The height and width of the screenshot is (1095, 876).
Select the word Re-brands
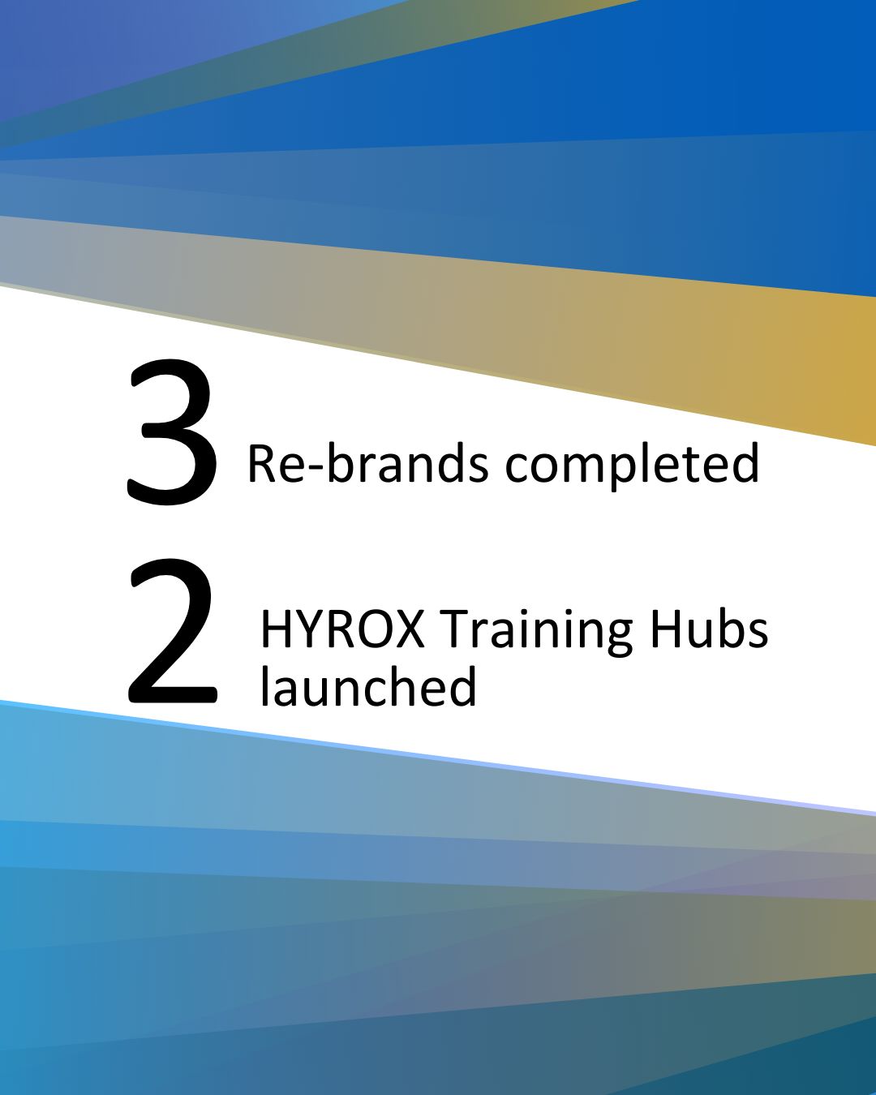pos(368,462)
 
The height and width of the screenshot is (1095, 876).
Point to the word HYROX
pos(342,629)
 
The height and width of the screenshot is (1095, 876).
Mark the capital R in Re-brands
pos(260,463)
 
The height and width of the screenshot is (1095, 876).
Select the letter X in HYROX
pos(406,629)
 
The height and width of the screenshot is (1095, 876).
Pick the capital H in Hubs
pos(665,629)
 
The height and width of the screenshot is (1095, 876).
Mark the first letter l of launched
pos(264,685)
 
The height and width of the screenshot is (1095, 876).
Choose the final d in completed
pos(745,462)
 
